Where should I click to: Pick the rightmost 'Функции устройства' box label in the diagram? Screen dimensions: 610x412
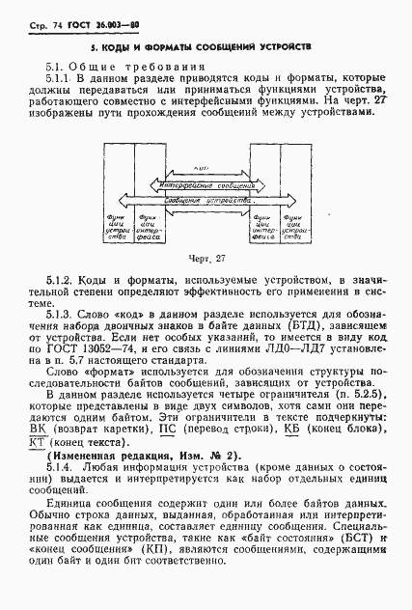[298, 228]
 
